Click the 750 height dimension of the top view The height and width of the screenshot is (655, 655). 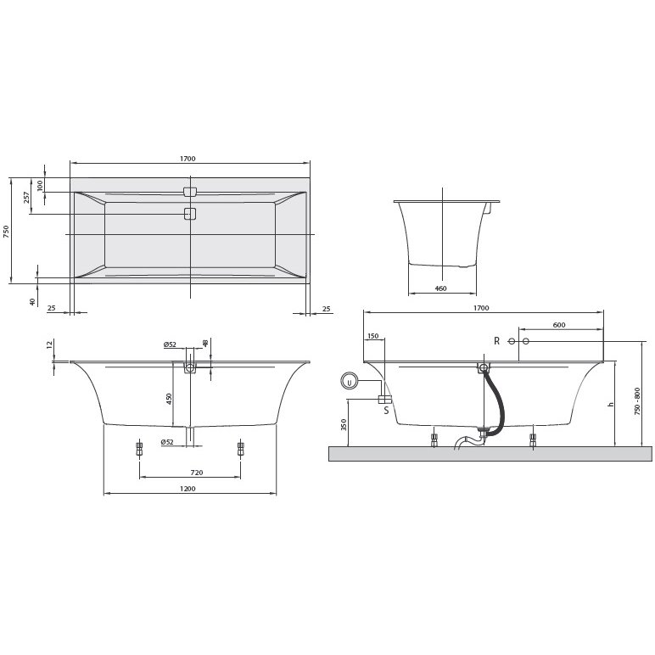click(x=6, y=232)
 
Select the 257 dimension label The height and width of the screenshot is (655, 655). click(x=26, y=197)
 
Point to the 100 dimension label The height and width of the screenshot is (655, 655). click(x=40, y=186)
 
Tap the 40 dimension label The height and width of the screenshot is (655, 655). click(x=33, y=301)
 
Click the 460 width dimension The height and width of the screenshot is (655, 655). click(x=440, y=288)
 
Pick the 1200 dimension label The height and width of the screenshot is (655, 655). click(x=188, y=489)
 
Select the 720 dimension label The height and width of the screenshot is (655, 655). click(x=196, y=473)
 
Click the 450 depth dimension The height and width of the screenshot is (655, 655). click(x=169, y=400)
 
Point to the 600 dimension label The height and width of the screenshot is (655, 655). click(x=559, y=325)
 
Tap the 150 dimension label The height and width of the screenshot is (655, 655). click(x=373, y=336)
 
